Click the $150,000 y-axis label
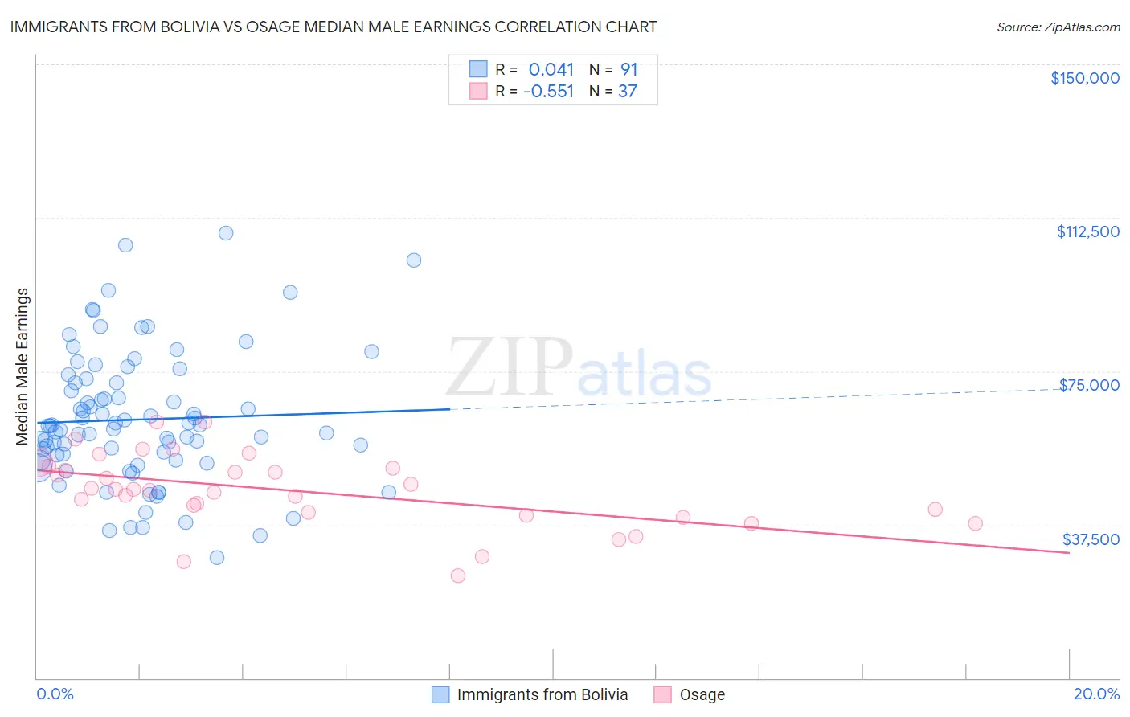pyautogui.click(x=1084, y=78)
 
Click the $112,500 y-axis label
pyautogui.click(x=1087, y=231)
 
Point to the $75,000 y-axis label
pyautogui.click(x=1089, y=385)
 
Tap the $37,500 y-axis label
pyautogui.click(x=1091, y=539)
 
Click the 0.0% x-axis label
pyautogui.click(x=55, y=694)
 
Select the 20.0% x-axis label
pyautogui.click(x=1096, y=694)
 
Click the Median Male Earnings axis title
pyautogui.click(x=23, y=367)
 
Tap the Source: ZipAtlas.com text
pyautogui.click(x=1058, y=27)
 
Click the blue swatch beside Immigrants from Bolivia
pyautogui.click(x=440, y=694)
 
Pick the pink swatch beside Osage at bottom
pyautogui.click(x=662, y=694)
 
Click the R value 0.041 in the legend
pyautogui.click(x=551, y=69)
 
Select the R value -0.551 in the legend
pyautogui.click(x=548, y=92)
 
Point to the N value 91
pyautogui.click(x=628, y=69)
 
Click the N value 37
pyautogui.click(x=627, y=92)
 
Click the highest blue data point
pyautogui.click(x=226, y=233)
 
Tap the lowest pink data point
pyautogui.click(x=458, y=576)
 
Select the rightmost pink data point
pyautogui.click(x=975, y=523)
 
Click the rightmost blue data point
pyautogui.click(x=414, y=260)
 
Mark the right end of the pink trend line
pyautogui.click(x=1069, y=553)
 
